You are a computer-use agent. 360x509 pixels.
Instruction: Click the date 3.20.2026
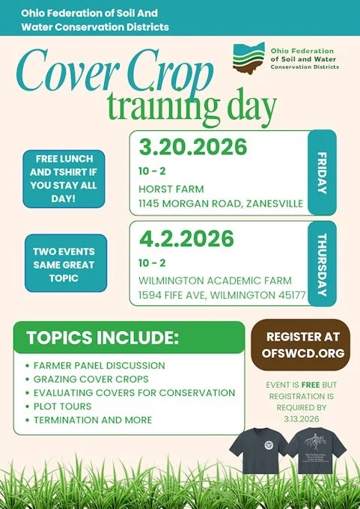192,147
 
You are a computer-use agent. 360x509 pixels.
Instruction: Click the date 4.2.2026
186,238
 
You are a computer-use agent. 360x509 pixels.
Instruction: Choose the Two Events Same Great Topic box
66,263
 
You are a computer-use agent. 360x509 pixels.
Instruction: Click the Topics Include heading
103,337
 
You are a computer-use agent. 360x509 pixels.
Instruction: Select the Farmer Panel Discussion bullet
99,366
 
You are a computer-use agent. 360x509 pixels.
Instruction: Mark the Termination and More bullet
93,420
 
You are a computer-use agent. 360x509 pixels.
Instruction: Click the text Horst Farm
171,189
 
